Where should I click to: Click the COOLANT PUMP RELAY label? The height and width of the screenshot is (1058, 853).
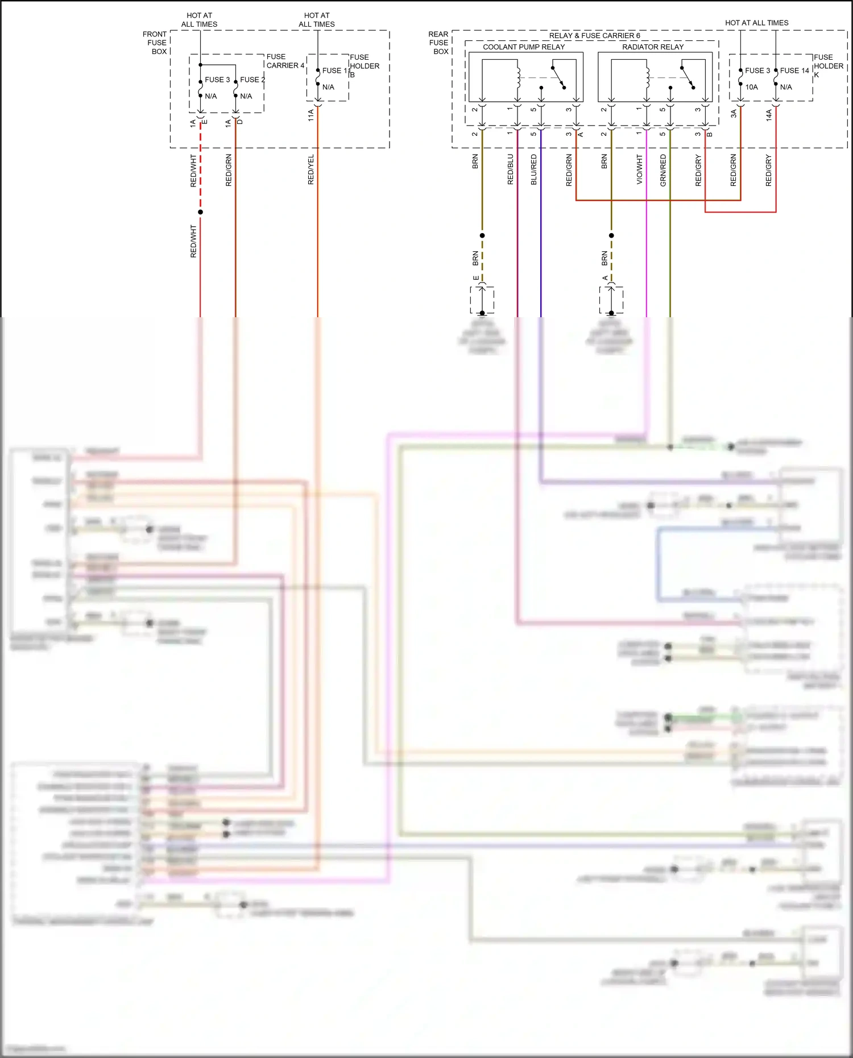524,47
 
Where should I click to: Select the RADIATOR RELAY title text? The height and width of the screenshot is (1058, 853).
653,47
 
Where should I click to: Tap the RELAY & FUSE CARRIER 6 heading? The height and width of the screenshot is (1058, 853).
594,36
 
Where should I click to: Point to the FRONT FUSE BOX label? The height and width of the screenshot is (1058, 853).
155,43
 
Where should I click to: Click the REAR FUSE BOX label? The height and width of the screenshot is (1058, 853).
438,43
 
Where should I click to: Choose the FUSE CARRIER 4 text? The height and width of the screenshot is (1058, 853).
285,61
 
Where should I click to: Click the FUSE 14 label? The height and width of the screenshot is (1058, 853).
794,70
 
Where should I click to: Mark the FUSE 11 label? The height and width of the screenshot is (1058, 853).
335,70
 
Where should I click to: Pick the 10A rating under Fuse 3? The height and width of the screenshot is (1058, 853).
751,87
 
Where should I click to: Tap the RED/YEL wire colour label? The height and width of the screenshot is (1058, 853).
311,169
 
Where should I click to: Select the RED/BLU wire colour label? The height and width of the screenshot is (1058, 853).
511,169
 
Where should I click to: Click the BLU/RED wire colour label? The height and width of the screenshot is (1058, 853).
534,169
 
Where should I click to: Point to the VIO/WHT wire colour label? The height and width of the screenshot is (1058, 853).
640,169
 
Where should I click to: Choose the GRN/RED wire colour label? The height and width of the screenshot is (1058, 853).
663,169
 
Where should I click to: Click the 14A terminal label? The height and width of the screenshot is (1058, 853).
769,115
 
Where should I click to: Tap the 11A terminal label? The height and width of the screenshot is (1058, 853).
311,115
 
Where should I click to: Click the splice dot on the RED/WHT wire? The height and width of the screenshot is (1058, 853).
200,212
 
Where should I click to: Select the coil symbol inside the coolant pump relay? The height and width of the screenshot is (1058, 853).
519,78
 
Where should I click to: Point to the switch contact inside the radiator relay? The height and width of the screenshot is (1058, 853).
687,77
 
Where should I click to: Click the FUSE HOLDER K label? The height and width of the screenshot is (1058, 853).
828,65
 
